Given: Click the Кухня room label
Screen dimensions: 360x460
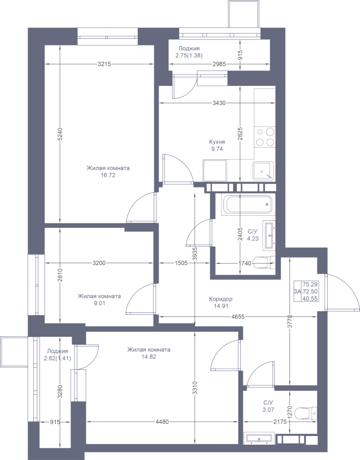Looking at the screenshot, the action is (x=217, y=142).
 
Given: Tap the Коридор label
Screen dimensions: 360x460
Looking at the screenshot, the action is (x=220, y=299).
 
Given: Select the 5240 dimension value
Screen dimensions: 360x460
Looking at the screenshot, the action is (x=60, y=134).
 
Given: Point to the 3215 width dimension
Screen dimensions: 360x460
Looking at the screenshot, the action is (x=104, y=64).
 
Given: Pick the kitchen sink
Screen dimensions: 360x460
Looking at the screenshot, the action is (x=264, y=171).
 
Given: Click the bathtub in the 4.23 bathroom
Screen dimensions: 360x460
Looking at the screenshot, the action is (x=248, y=204).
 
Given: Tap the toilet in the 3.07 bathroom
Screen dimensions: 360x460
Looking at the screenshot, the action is (x=306, y=413).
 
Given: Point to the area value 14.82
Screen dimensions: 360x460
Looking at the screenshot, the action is (x=148, y=357).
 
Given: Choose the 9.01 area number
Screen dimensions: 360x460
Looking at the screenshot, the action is (x=99, y=303).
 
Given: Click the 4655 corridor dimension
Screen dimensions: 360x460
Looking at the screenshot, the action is (x=238, y=316).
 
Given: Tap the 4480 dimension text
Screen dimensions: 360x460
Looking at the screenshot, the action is (x=162, y=422).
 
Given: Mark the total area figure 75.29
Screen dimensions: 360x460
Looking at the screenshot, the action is (x=310, y=284).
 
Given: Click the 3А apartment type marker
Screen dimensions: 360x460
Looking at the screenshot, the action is (x=297, y=291).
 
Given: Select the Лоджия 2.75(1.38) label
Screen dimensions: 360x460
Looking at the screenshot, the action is (x=189, y=52).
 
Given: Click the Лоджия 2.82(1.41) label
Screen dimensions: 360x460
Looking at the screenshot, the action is (x=59, y=354).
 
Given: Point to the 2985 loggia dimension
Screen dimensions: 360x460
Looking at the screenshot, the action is (x=219, y=64).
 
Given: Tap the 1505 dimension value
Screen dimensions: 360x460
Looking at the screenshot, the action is (x=181, y=263).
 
